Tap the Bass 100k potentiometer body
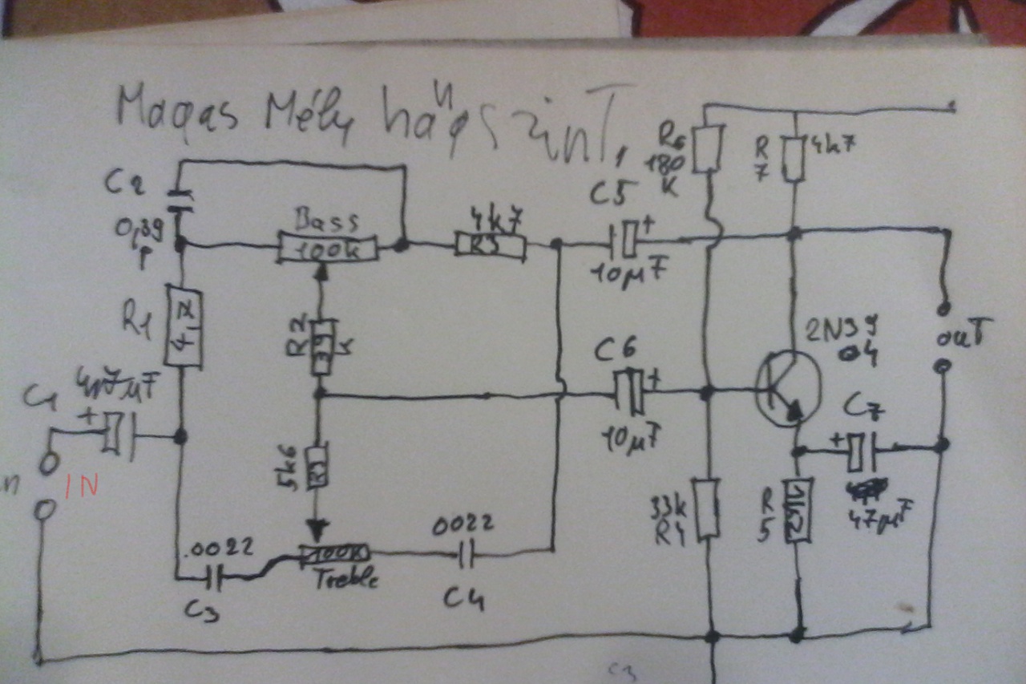point(327,246)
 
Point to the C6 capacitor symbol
point(632,391)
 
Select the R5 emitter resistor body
point(799,509)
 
